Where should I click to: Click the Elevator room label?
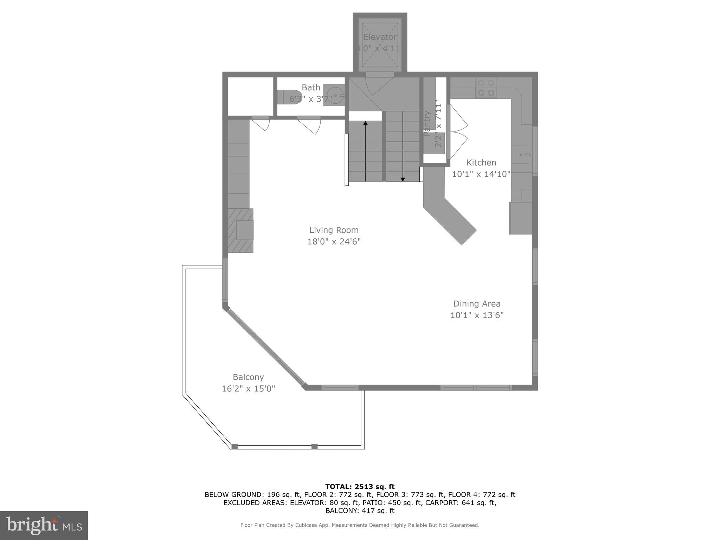point(380,37)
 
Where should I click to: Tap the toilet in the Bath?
point(289,96)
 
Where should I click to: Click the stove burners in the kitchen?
point(486,88)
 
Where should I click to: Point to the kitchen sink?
point(521,155)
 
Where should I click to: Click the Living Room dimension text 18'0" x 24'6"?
point(334,242)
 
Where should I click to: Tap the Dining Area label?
point(477,303)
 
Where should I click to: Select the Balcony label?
point(248,377)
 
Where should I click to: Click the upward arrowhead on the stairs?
point(366,123)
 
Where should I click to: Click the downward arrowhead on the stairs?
point(403,179)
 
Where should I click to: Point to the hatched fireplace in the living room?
point(241,231)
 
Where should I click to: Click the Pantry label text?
point(427,123)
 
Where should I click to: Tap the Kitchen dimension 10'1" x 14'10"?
point(481,174)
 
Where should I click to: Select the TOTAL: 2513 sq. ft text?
point(360,487)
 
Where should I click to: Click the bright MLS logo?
point(44,525)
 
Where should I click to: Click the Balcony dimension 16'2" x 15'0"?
point(248,388)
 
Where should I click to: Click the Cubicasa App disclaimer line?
point(360,525)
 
